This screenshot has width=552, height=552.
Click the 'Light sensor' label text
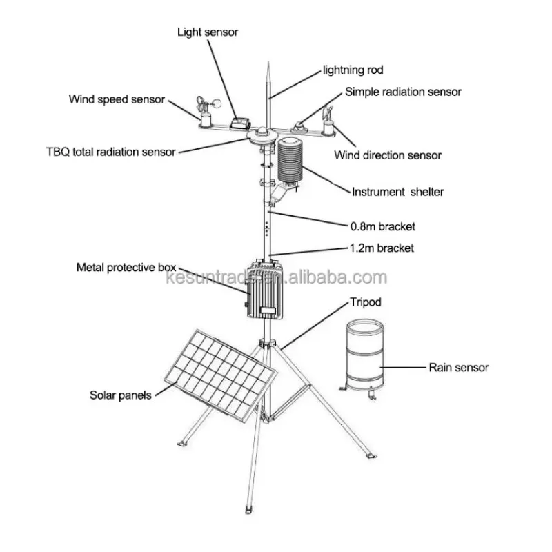pos(208,32)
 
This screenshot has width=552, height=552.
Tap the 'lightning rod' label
pos(353,70)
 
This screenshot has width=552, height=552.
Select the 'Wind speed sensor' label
pos(117,99)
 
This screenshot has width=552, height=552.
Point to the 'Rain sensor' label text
pos(459,368)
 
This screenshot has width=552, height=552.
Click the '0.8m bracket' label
pos(383,226)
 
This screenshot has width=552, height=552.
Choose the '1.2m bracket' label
pos(382,248)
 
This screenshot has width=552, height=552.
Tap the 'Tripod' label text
pos(366,302)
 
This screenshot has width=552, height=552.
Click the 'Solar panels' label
pos(120,395)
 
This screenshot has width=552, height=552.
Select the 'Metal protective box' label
pos(126,268)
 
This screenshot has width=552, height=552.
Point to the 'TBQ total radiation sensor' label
pos(111,152)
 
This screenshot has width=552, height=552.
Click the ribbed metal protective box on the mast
pos(265,289)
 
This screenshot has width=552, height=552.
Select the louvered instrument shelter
pos(290,160)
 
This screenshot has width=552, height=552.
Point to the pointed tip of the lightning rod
pos(268,62)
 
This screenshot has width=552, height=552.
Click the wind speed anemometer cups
pos(209,103)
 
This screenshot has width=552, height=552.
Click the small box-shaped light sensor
pos(240,124)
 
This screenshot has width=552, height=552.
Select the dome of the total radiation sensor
pos(263,132)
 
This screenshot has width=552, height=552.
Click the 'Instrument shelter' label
pos(398,192)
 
